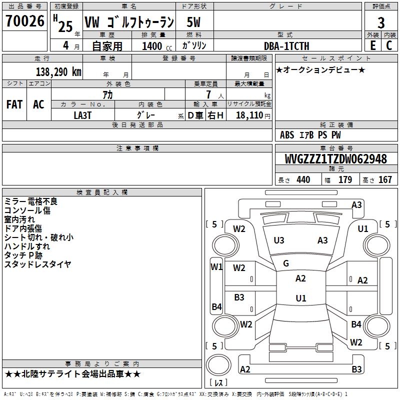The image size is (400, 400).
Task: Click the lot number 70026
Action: click(24, 22)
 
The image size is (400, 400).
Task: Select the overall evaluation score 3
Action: click(381, 23)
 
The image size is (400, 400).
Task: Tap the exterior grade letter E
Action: click(372, 45)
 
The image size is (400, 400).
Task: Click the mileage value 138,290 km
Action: click(58, 71)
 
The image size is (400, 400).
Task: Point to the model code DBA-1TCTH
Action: click(286, 46)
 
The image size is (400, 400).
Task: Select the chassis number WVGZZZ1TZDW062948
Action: click(335, 159)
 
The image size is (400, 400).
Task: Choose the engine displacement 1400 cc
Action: click(153, 46)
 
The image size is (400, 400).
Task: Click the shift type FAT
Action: click(14, 104)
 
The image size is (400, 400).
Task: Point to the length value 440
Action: click(303, 180)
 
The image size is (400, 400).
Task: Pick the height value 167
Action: click(385, 180)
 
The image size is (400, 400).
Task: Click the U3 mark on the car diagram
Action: click(279, 240)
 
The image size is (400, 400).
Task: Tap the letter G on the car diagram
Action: click(286, 263)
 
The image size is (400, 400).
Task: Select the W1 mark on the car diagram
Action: click(216, 266)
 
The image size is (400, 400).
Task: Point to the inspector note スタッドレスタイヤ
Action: click(37, 264)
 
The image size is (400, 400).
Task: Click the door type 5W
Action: click(194, 22)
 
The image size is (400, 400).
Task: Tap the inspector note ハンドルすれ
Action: click(27, 246)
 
